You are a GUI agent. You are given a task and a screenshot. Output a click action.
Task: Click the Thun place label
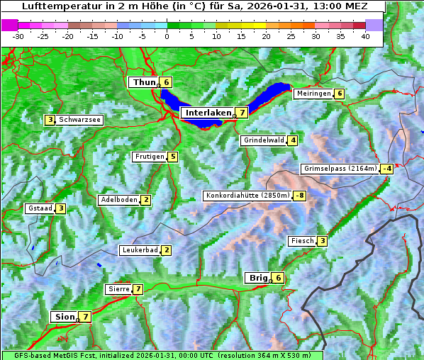coord(144,82)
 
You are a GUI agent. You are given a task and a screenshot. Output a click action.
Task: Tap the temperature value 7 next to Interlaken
coord(242,113)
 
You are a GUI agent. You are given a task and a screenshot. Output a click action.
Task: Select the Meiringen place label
coord(313,94)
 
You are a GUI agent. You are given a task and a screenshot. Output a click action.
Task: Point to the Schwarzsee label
coord(79,120)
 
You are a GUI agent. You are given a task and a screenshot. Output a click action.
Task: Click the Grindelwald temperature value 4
coord(292,140)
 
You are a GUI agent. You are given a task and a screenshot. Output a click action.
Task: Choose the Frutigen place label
coord(150,157)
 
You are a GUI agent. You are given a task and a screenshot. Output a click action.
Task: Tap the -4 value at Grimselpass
coord(386,169)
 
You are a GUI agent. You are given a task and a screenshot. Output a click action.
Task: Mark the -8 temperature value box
coord(300,196)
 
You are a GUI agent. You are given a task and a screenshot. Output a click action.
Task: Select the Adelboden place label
coord(118,200)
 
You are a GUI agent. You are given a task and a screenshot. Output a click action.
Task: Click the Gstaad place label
coord(40,208)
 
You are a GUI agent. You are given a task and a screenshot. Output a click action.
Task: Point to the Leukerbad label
coord(139,250)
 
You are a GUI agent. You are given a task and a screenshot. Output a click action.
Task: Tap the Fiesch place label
coord(302,241)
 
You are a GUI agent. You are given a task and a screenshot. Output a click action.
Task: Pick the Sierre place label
coord(118,289)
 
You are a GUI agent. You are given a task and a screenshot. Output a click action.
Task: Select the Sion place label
coord(64,317)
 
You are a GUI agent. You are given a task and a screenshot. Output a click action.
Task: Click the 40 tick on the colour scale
coord(365,36)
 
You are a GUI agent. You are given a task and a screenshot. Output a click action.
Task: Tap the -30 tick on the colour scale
coord(18,36)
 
